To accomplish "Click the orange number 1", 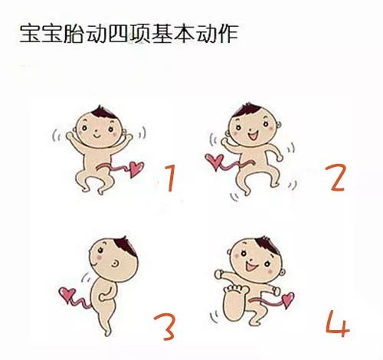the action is coord(171,178).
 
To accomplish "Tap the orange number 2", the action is coord(336,178).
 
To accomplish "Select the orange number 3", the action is coord(165,327).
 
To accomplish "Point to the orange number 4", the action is coord(338,324).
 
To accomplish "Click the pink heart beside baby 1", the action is coord(136,169).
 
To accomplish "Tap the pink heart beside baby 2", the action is coord(214,161).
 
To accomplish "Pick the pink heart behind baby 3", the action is coord(67,294).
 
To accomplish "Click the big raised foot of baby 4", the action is coord(234,303).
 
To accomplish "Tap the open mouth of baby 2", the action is coord(254,135).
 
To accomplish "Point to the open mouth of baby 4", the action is coord(250,267).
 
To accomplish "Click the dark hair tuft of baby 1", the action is coord(103,113).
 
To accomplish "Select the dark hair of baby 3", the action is coord(125,246).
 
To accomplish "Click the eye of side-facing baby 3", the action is coord(115,263).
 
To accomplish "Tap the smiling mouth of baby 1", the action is coord(97,136).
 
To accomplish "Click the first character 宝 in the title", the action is coord(30,34).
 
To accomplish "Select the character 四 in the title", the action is coord(118,34).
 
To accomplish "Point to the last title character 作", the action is coord(228,34).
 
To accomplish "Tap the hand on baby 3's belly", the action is coord(103,297).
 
